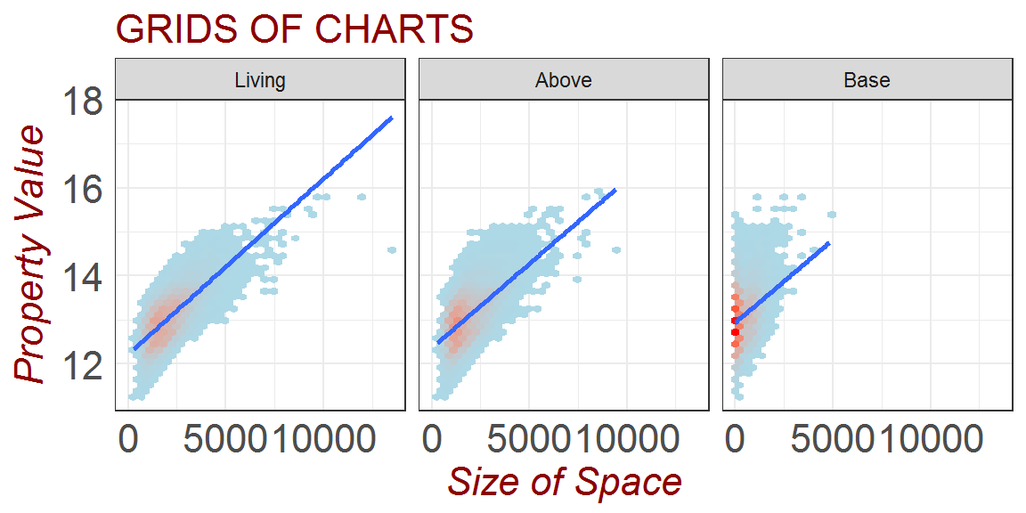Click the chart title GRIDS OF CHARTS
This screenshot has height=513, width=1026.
(x=294, y=30)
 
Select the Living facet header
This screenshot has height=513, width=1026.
(x=260, y=80)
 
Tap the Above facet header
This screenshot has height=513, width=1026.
(x=564, y=80)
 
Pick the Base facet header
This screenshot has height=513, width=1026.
(x=867, y=80)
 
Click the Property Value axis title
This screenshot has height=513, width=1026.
(x=31, y=255)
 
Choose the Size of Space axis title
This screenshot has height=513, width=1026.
(x=564, y=482)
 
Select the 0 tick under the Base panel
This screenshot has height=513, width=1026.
(x=735, y=439)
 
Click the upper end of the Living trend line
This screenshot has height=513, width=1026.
(x=391, y=118)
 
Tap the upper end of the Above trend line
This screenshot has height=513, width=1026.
(x=615, y=191)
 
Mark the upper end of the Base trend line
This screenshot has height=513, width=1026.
(x=829, y=243)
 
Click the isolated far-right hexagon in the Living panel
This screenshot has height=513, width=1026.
(x=392, y=250)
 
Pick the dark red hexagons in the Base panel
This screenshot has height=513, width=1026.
(x=736, y=326)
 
